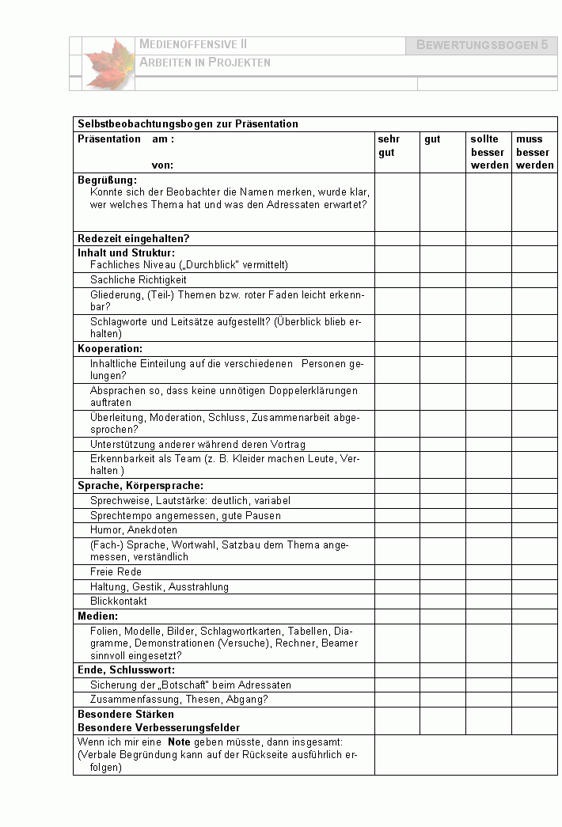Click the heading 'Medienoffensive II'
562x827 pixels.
point(193,44)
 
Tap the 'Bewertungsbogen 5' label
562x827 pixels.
point(481,45)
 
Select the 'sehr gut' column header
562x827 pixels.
point(389,146)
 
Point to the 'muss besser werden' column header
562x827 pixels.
point(534,152)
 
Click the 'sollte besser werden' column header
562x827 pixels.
point(488,152)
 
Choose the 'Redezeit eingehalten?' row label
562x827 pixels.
point(134,238)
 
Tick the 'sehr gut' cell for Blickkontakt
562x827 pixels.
point(397,601)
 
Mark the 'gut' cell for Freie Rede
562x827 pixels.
point(442,572)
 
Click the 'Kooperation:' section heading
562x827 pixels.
point(110,348)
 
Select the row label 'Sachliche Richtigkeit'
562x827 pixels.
point(139,279)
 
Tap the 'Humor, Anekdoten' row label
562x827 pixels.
point(134,529)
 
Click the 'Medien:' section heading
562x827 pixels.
point(98,616)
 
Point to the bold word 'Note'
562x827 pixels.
point(179,742)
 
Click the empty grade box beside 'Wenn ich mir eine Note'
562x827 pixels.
point(465,755)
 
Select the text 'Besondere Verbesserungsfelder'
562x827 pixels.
point(158,727)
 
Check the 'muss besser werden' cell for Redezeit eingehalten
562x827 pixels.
point(534,238)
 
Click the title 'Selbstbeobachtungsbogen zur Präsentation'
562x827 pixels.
point(188,123)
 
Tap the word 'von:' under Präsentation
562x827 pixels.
point(162,165)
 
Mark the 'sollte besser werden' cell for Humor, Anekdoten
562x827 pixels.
point(488,529)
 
